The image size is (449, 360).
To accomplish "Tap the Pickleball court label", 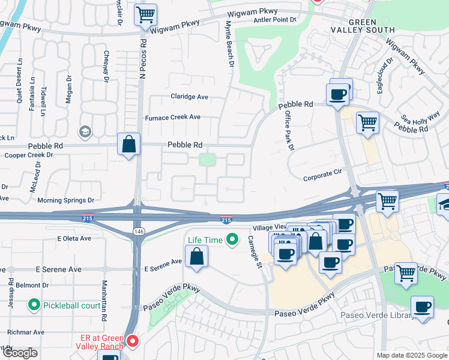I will pyautogui.click(x=71, y=305).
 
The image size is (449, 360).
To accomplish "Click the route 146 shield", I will pyautogui.click(x=137, y=231).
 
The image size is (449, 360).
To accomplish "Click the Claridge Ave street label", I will pyautogui.click(x=189, y=97).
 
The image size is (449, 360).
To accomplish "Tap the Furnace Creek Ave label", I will pyautogui.click(x=173, y=117).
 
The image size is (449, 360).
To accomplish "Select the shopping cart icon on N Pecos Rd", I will pyautogui.click(x=145, y=15).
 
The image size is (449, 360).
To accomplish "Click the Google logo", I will pyautogui.click(x=20, y=353).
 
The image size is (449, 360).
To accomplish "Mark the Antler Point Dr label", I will pyautogui.click(x=277, y=20).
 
